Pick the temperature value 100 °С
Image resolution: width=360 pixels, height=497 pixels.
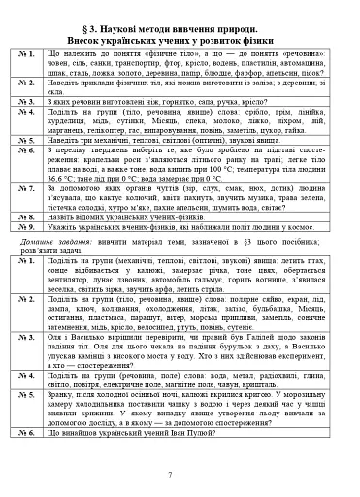tap(253, 156)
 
